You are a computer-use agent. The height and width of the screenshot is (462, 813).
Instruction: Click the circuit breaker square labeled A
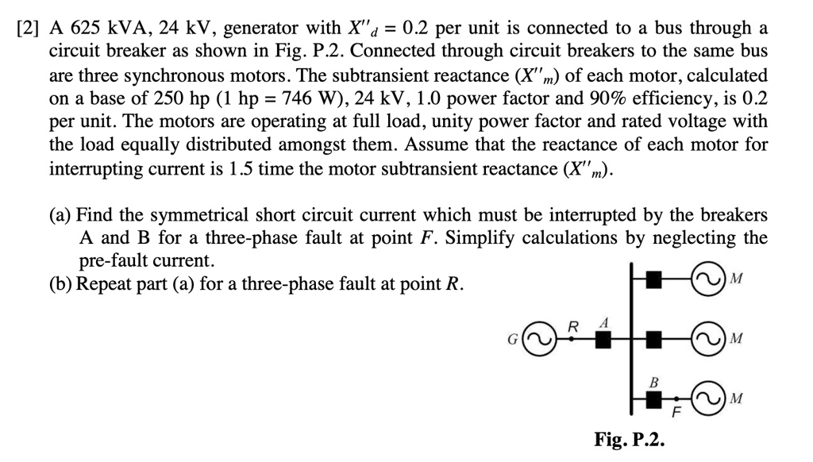(x=603, y=340)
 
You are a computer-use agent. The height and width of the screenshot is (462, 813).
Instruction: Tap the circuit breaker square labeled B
(x=654, y=398)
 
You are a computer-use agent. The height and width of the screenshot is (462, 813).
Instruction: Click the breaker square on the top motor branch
(x=654, y=279)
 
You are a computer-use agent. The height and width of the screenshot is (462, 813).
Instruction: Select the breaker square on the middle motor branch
(x=654, y=340)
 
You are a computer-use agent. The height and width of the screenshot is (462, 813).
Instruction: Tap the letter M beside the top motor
(x=736, y=279)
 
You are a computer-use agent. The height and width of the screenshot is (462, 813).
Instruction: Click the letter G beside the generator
(x=514, y=341)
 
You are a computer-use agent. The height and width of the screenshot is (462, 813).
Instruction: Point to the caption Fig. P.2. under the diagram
(x=630, y=440)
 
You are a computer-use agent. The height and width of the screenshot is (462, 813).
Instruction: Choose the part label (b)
(x=61, y=284)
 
